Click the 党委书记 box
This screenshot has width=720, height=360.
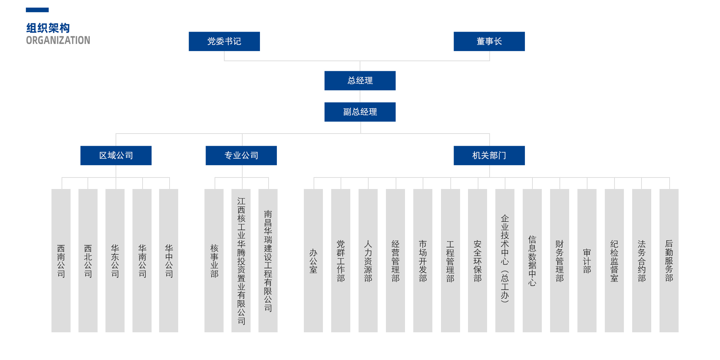[224, 41]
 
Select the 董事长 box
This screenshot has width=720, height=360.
[489, 41]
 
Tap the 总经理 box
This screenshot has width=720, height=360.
[360, 81]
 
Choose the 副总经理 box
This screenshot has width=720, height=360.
[360, 112]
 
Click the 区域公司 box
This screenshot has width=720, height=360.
[116, 156]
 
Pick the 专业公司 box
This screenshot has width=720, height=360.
[241, 156]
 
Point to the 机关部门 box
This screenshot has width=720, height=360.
[489, 156]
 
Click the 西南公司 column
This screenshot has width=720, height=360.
[61, 261]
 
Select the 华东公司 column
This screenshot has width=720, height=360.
[115, 261]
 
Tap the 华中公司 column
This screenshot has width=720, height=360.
[168, 261]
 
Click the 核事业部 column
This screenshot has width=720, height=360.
[214, 261]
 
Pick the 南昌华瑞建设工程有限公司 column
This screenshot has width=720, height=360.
[268, 261]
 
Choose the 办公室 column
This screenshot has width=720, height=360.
[313, 261]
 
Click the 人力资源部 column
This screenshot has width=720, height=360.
[368, 261]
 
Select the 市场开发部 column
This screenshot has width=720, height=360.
[423, 261]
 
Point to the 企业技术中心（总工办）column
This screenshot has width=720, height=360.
[505, 261]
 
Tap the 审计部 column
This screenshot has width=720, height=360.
[587, 261]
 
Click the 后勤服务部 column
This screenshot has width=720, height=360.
[669, 261]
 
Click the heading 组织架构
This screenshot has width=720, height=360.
[48, 28]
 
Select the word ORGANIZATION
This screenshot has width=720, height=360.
[58, 40]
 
